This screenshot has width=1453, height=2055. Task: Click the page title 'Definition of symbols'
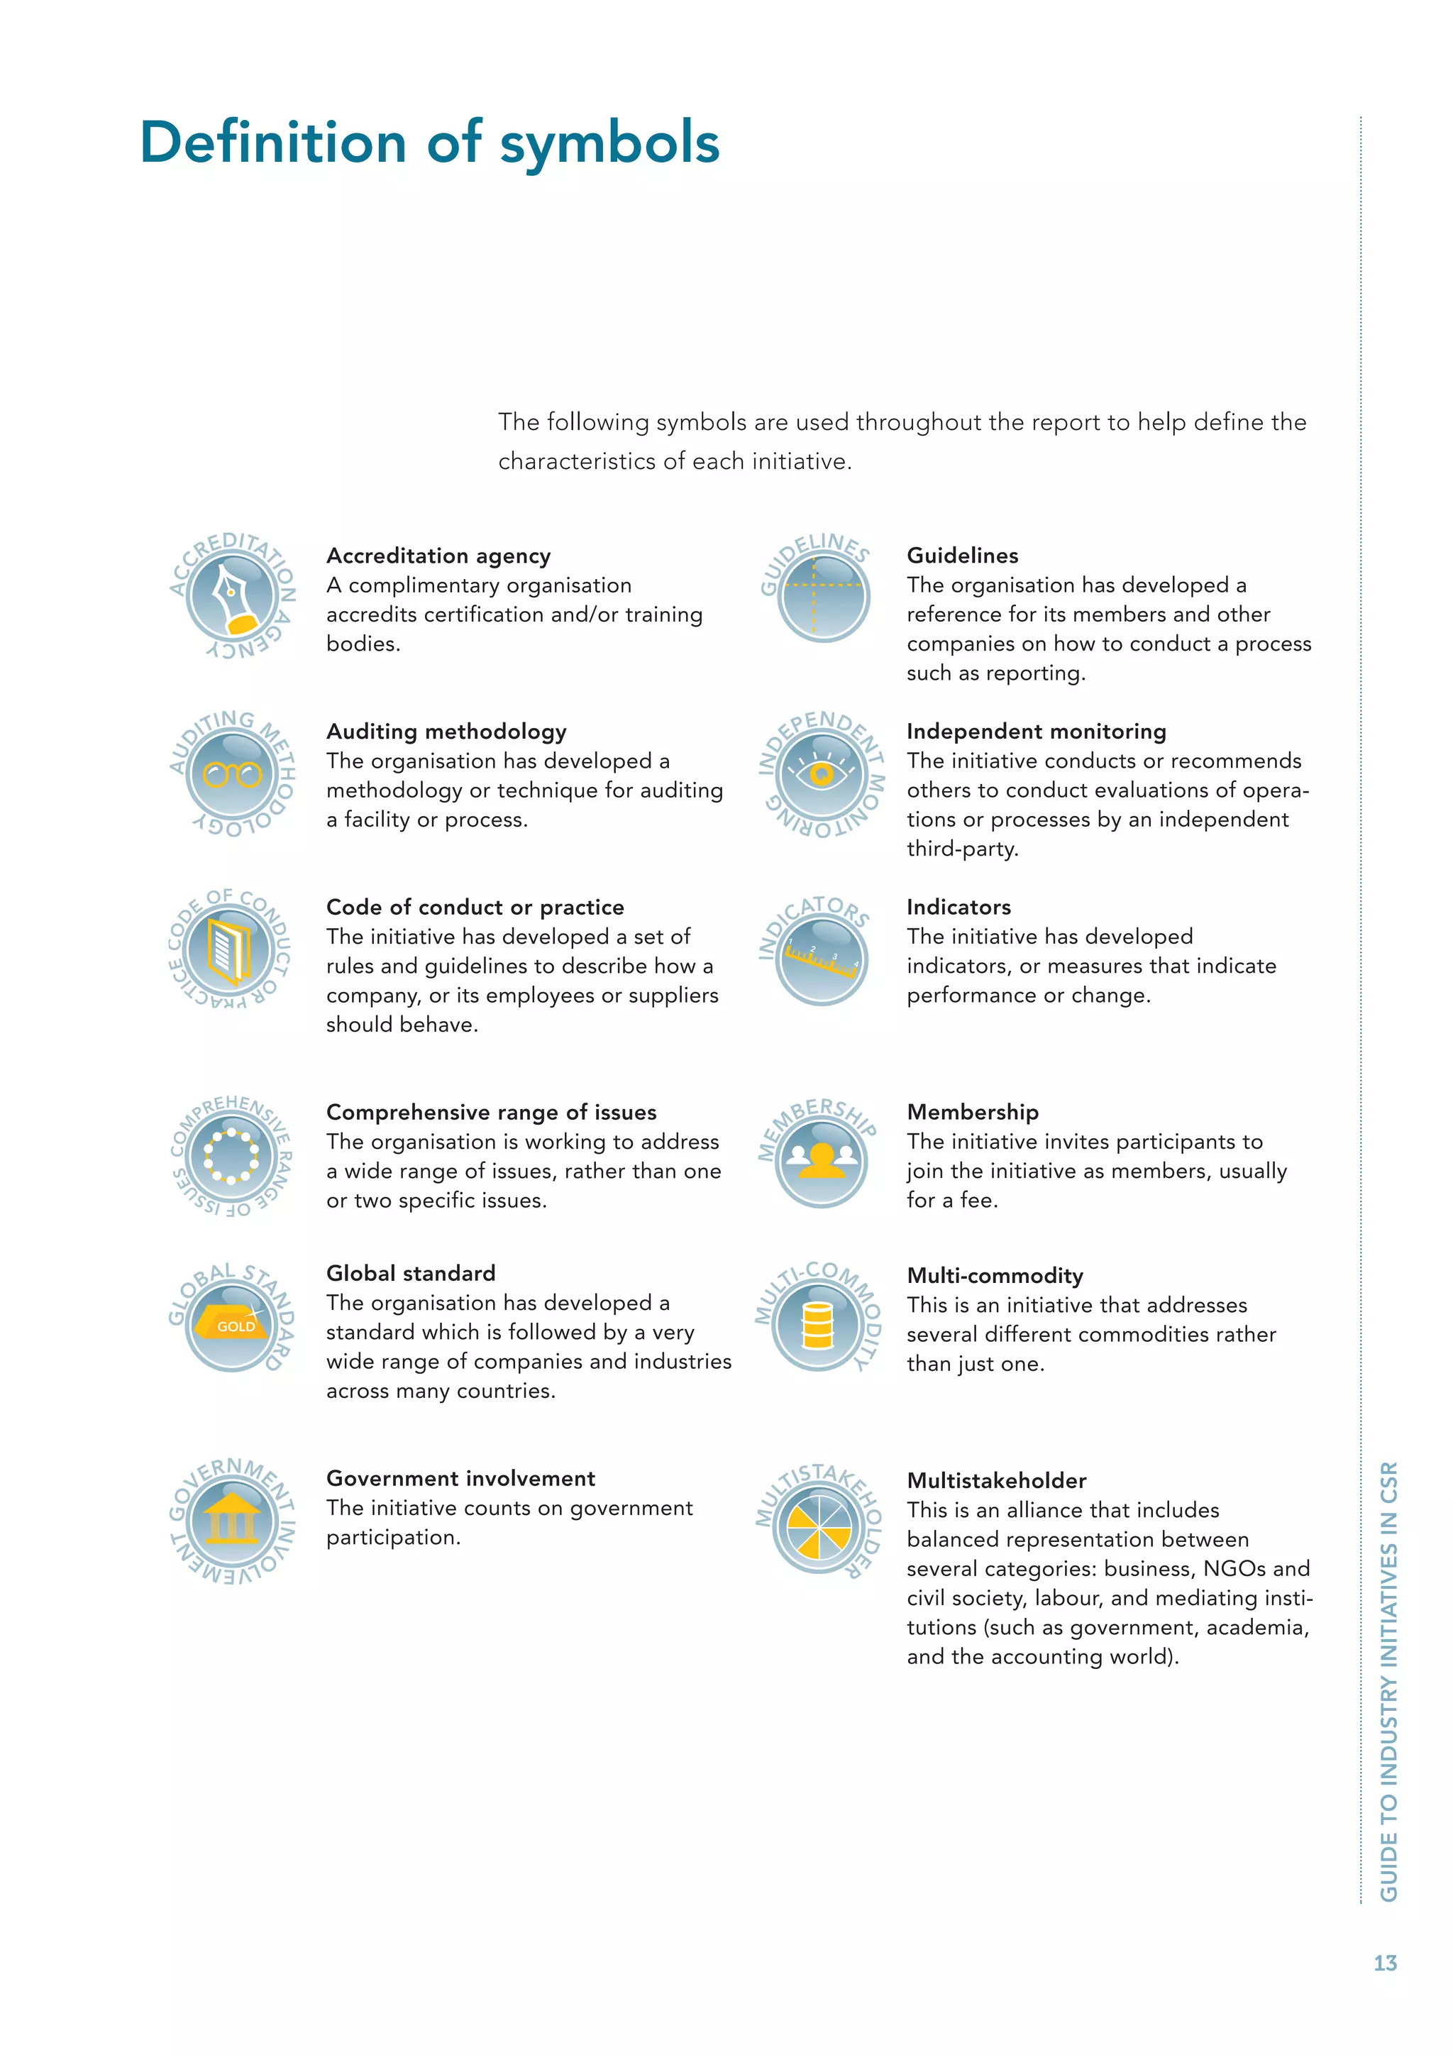(429, 143)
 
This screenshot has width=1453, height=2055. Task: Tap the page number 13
(1384, 1963)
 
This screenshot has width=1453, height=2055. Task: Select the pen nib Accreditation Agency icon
(232, 595)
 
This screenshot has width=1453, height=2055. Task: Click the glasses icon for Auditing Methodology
(232, 773)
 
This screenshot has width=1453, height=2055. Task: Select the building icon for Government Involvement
(232, 1519)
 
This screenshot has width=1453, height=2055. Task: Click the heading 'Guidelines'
(962, 556)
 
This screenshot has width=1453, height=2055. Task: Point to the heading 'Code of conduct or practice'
(474, 908)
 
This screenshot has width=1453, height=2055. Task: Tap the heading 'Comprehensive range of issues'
(490, 1113)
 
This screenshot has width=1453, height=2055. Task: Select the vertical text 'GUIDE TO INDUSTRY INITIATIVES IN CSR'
(1388, 1682)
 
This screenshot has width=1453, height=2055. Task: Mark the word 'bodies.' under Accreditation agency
(363, 644)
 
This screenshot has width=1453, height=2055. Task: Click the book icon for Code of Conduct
(230, 952)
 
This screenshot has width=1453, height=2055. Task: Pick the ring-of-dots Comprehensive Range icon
(231, 1157)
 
